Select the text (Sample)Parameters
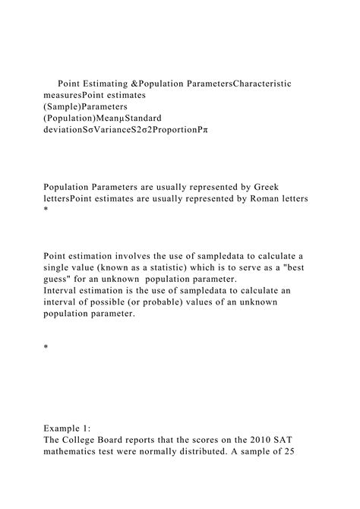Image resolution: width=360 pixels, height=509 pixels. [x=85, y=108]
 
